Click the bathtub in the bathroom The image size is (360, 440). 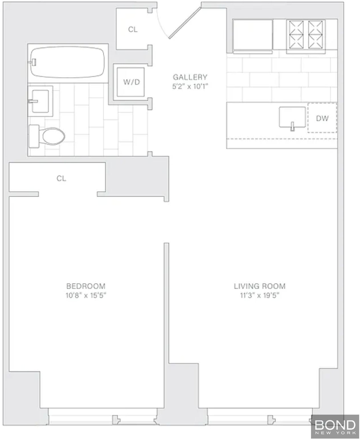67,62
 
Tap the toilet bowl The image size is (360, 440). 53,136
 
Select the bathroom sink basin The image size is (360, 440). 40,101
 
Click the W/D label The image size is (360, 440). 131,82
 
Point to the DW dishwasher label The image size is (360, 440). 322,118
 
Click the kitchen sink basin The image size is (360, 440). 292,117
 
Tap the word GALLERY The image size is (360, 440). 190,77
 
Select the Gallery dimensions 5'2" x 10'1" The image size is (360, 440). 190,86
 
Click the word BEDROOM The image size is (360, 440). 86,286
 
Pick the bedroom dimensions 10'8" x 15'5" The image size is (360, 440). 86,295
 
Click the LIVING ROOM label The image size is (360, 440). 259,286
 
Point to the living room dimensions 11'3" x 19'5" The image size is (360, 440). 259,295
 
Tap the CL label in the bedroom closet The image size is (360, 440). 61,178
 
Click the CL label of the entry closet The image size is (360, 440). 133,29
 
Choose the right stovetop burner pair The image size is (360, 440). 315,35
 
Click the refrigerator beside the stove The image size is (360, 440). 253,36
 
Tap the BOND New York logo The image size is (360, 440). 335,427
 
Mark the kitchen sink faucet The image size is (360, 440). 293,126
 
